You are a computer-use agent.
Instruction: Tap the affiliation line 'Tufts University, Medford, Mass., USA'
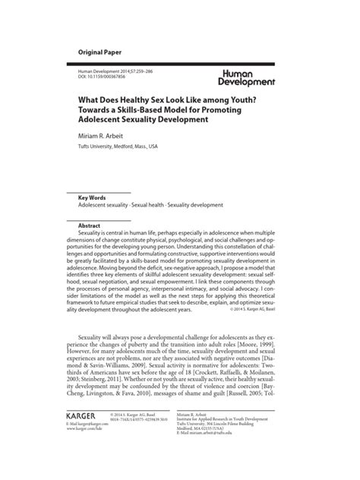(x=118, y=147)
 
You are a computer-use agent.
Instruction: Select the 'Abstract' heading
(x=90, y=226)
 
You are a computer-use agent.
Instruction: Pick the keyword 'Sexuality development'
(x=200, y=205)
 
